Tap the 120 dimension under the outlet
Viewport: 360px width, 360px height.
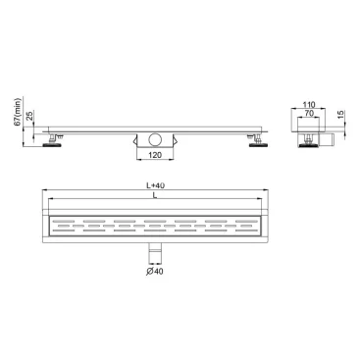(x=156, y=154)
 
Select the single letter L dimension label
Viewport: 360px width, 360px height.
(x=156, y=198)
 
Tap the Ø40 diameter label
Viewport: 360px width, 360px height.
(x=154, y=271)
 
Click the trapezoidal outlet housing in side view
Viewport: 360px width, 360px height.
(x=154, y=138)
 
